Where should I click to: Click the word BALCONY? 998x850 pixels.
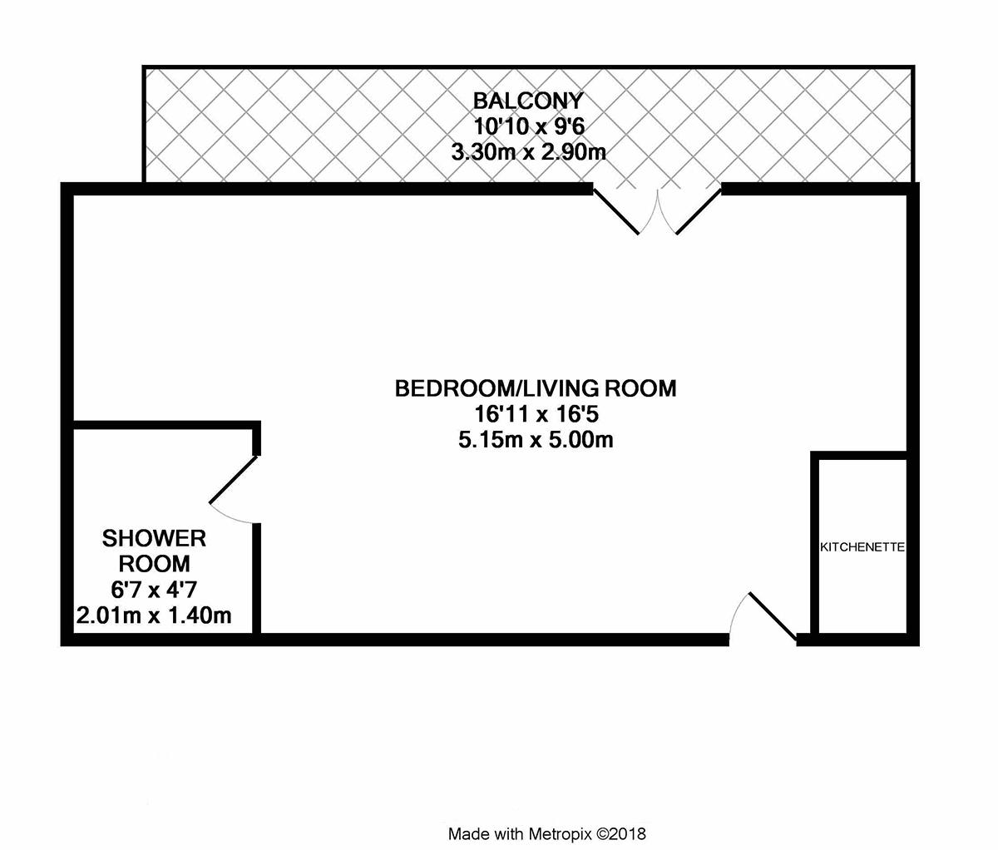pyautogui.click(x=528, y=101)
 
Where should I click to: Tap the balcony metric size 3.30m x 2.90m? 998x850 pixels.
pyautogui.click(x=528, y=152)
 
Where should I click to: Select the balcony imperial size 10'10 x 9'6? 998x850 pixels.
pyautogui.click(x=529, y=126)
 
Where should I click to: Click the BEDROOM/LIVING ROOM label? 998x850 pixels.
pyautogui.click(x=536, y=388)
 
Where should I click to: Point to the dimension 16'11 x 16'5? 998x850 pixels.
pyautogui.click(x=536, y=414)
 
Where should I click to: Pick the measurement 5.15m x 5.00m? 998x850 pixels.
pyautogui.click(x=536, y=440)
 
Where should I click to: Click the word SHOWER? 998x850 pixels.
pyautogui.click(x=154, y=538)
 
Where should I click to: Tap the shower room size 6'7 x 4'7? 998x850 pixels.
pyautogui.click(x=154, y=590)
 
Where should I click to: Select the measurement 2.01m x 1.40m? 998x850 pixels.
pyautogui.click(x=154, y=615)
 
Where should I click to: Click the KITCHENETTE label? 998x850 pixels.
pyautogui.click(x=862, y=547)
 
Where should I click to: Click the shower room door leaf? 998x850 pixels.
pyautogui.click(x=233, y=480)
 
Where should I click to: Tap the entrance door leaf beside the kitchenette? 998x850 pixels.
pyautogui.click(x=773, y=615)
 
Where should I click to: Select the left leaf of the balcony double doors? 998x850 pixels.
pyautogui.click(x=616, y=211)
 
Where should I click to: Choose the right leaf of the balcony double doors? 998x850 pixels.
pyautogui.click(x=699, y=211)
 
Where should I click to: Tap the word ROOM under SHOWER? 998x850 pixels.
pyautogui.click(x=154, y=564)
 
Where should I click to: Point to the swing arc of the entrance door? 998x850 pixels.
pyautogui.click(x=735, y=612)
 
